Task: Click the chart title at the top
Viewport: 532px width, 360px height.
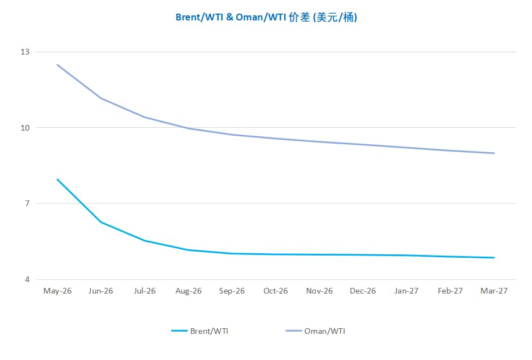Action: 266,18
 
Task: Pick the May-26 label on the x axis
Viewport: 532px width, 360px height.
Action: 57,291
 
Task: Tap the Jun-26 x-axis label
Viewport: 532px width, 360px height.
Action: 101,291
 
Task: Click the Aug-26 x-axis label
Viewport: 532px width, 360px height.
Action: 188,291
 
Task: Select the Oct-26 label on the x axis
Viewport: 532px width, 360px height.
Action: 276,291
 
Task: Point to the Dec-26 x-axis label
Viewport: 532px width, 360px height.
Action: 363,291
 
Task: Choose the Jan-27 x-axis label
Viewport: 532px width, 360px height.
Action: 407,291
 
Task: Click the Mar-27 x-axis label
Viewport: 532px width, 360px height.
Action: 495,291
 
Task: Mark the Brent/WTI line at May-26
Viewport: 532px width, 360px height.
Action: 57,179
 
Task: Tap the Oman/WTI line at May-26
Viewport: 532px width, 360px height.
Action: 57,65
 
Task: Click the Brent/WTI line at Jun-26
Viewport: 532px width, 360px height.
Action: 101,222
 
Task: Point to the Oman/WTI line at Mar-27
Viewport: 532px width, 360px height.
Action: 495,153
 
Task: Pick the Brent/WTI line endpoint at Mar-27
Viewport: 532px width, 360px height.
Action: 495,258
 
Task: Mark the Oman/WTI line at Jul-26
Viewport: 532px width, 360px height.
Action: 145,117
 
